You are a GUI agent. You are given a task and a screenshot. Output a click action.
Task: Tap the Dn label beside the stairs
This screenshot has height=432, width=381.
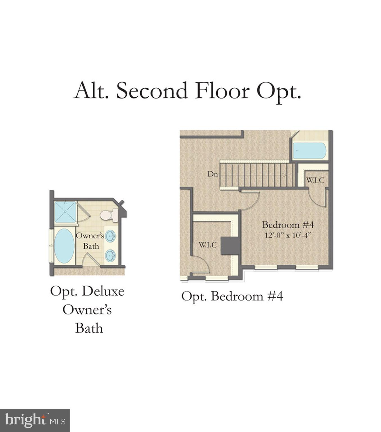[213, 174]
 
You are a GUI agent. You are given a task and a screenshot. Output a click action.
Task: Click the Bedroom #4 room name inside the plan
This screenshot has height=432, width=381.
[288, 225]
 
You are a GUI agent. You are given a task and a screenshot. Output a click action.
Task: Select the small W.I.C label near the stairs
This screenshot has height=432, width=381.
[315, 180]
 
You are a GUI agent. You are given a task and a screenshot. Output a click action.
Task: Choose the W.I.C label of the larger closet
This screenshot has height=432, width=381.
[208, 245]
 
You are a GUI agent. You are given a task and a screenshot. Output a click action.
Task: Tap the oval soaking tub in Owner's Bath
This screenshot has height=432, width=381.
[64, 246]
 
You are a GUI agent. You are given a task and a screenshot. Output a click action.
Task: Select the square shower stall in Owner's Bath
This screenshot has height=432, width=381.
[65, 212]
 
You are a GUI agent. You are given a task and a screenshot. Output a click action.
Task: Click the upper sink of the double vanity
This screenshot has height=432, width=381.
[111, 236]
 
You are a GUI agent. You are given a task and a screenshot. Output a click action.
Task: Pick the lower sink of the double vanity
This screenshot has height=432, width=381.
[110, 256]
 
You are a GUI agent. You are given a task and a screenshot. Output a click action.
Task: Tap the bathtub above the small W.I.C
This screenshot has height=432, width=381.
[309, 151]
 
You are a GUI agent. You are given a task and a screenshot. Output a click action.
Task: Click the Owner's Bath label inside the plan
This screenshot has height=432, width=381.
[90, 241]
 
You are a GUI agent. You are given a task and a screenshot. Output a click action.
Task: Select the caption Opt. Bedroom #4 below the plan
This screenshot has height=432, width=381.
[232, 296]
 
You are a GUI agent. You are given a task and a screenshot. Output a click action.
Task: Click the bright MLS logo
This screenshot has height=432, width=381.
[35, 420]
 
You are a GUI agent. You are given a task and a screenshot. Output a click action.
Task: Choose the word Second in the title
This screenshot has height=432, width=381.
[152, 91]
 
